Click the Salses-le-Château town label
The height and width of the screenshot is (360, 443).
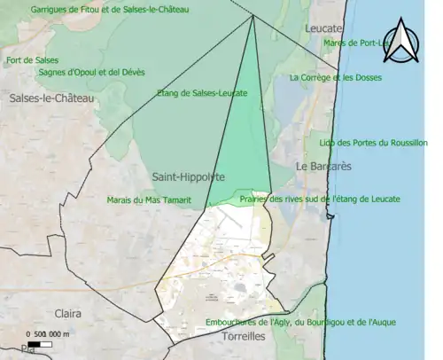coord(51,98)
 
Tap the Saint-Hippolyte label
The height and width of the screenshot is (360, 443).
coord(188,176)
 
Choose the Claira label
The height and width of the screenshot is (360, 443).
coord(67,313)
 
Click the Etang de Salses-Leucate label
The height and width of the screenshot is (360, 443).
coord(201,92)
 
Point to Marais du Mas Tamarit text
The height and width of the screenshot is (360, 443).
coord(148,200)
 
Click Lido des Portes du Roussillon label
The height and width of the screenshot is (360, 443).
coord(373,142)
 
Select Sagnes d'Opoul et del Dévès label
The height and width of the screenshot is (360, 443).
coord(91,72)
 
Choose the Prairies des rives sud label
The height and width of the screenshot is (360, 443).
coord(320,199)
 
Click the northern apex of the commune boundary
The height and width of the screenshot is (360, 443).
coord(253,15)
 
